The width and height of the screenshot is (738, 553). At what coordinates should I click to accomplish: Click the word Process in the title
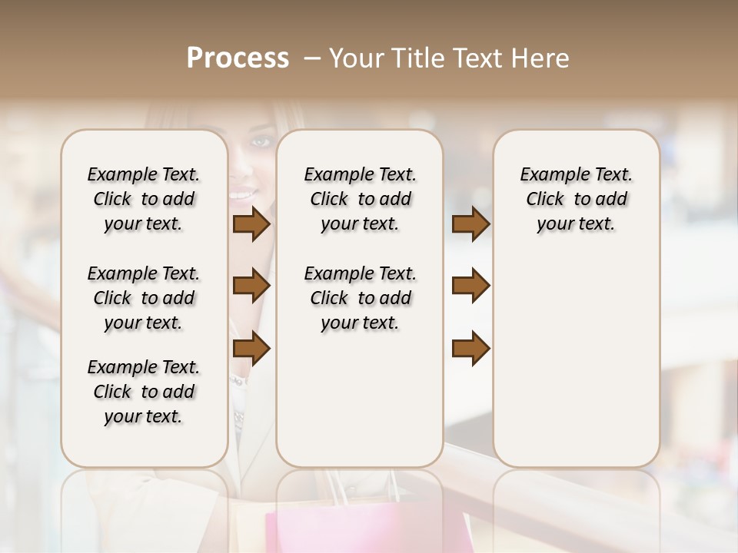[x=238, y=58]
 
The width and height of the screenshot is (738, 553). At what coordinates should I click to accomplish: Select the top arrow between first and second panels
[x=251, y=224]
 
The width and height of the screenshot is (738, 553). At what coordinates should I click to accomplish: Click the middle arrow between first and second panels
[x=251, y=286]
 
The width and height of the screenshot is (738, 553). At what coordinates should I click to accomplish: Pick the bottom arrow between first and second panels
[x=251, y=349]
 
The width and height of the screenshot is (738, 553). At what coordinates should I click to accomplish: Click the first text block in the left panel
[x=143, y=199]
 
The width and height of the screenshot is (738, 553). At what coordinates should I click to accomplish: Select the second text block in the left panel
[x=143, y=298]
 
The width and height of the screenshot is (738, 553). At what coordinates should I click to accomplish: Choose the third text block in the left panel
[x=143, y=392]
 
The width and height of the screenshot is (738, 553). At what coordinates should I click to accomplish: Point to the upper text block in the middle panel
[x=360, y=199]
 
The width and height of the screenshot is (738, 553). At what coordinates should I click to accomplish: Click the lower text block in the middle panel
[x=360, y=298]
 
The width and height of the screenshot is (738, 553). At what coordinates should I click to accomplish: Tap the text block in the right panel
[x=576, y=199]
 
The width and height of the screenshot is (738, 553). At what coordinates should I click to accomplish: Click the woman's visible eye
[x=261, y=141]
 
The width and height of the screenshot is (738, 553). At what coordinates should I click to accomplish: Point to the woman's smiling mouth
[x=244, y=194]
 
